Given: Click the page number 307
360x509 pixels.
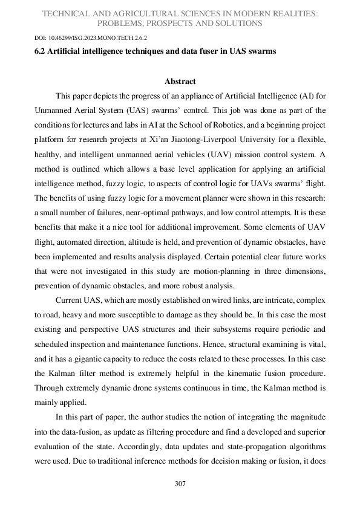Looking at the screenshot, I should pyautogui.click(x=179, y=484).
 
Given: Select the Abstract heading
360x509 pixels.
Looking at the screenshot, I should pyautogui.click(x=180, y=81).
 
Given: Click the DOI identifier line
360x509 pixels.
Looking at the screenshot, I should pyautogui.click(x=91, y=37).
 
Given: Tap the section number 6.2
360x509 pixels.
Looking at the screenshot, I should pyautogui.click(x=41, y=51).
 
